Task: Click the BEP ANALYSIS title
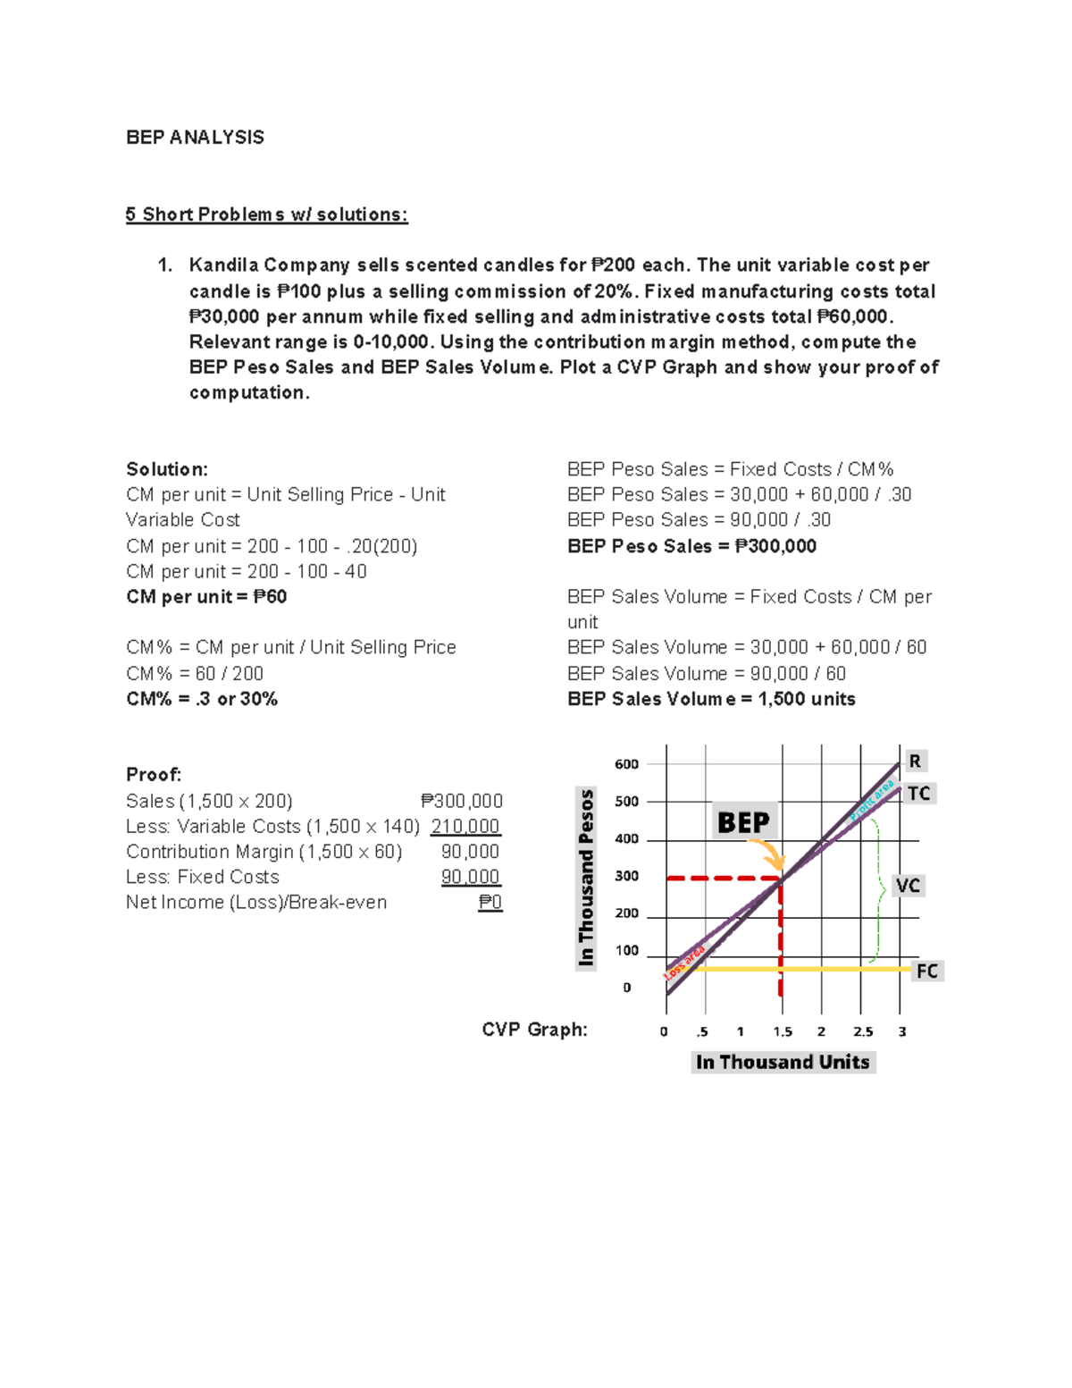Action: (195, 138)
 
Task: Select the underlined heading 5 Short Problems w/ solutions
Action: (266, 215)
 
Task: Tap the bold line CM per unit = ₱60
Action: (206, 597)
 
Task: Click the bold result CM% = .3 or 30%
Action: (202, 699)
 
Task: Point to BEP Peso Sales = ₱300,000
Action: (691, 546)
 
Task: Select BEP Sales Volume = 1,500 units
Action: (711, 699)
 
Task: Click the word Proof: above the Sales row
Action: (154, 775)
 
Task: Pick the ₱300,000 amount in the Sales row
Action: (462, 801)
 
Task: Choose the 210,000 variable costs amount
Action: (465, 827)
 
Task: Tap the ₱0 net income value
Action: (490, 903)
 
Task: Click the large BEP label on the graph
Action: (743, 822)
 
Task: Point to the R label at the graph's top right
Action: (915, 761)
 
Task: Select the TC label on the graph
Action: (918, 794)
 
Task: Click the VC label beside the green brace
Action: (908, 886)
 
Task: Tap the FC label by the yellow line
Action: (927, 972)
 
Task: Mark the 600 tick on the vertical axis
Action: (626, 764)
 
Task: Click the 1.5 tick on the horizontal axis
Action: (783, 1031)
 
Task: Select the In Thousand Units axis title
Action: (783, 1062)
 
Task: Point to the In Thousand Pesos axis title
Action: (586, 877)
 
